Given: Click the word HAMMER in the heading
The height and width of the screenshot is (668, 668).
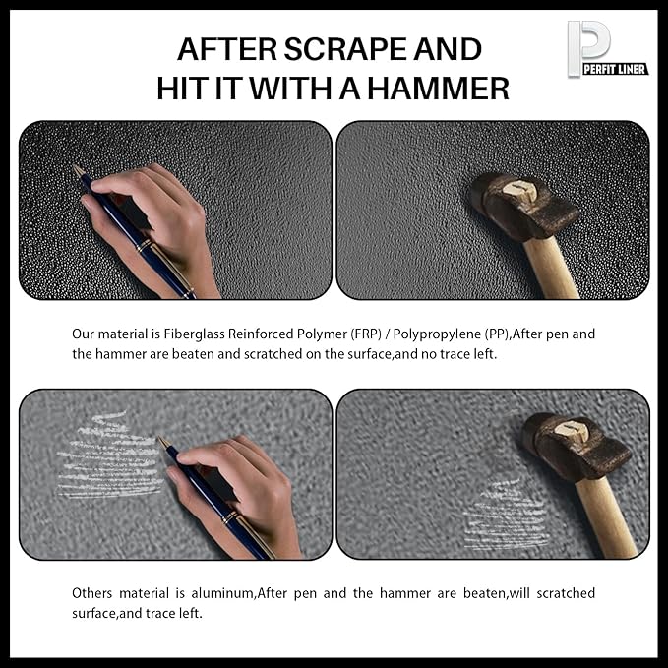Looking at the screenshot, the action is (439, 89).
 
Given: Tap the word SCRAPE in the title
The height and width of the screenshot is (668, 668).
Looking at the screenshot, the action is (345, 49).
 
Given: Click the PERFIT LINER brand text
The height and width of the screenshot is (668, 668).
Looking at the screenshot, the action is (615, 69).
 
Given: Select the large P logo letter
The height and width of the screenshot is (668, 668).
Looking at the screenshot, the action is (588, 46).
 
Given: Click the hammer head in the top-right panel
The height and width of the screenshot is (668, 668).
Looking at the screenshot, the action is (524, 206).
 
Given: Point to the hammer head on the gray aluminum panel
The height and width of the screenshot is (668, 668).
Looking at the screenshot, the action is (577, 447).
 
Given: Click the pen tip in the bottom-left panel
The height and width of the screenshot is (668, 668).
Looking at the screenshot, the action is (162, 441).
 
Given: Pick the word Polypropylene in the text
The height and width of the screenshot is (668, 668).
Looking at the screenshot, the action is (437, 334).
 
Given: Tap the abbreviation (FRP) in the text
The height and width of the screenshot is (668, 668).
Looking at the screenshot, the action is (366, 334).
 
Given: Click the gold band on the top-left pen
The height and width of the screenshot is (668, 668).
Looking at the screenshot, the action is (145, 246).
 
